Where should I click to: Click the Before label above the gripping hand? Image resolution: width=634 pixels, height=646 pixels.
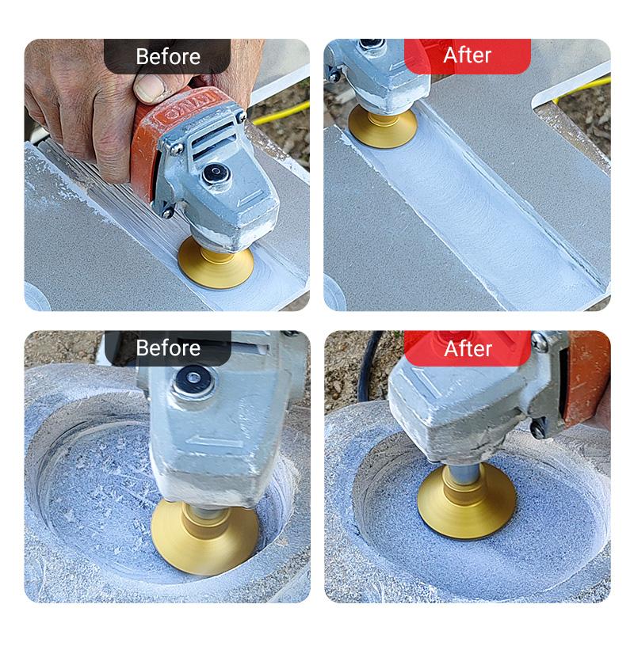(x=167, y=56)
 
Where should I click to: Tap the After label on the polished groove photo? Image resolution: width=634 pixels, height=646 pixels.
(x=467, y=55)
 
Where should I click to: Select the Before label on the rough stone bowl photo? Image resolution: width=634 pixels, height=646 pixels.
(x=167, y=348)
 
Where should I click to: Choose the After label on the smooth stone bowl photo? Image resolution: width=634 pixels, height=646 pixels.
(x=468, y=348)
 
